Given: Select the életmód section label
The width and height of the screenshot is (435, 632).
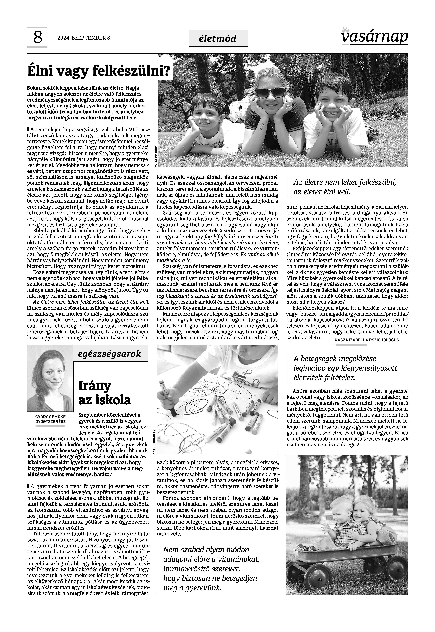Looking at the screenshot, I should (218, 38).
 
